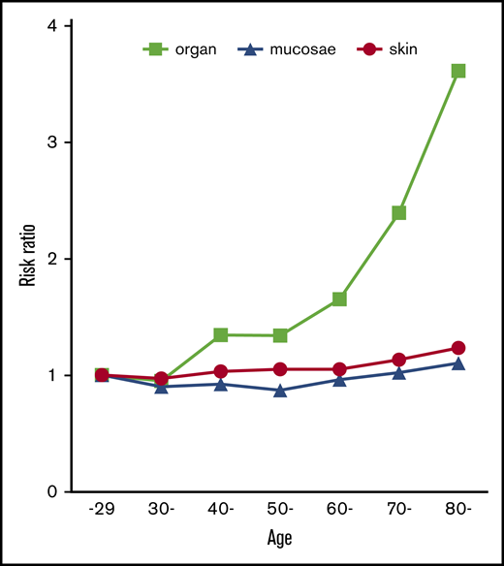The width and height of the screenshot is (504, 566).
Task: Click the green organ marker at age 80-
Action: click(x=458, y=71)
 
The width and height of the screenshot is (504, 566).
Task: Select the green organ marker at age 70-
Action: click(x=399, y=212)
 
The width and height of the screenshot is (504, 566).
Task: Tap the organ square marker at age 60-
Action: click(x=339, y=299)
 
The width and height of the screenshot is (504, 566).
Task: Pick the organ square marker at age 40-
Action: click(x=220, y=334)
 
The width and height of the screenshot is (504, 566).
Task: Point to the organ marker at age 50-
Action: click(x=280, y=335)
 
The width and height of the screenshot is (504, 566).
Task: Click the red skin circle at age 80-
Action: click(x=458, y=348)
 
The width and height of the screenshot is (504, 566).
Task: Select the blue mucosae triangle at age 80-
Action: click(x=458, y=362)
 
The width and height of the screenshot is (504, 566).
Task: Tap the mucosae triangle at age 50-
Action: click(x=280, y=390)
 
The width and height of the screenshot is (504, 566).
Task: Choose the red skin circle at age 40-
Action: click(x=220, y=371)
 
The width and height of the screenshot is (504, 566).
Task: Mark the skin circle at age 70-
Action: click(x=399, y=360)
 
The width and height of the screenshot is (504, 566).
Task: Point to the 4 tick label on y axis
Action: click(x=49, y=26)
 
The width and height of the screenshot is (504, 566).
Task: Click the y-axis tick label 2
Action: click(x=49, y=259)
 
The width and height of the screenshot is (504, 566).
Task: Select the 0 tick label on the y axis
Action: click(x=49, y=492)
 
